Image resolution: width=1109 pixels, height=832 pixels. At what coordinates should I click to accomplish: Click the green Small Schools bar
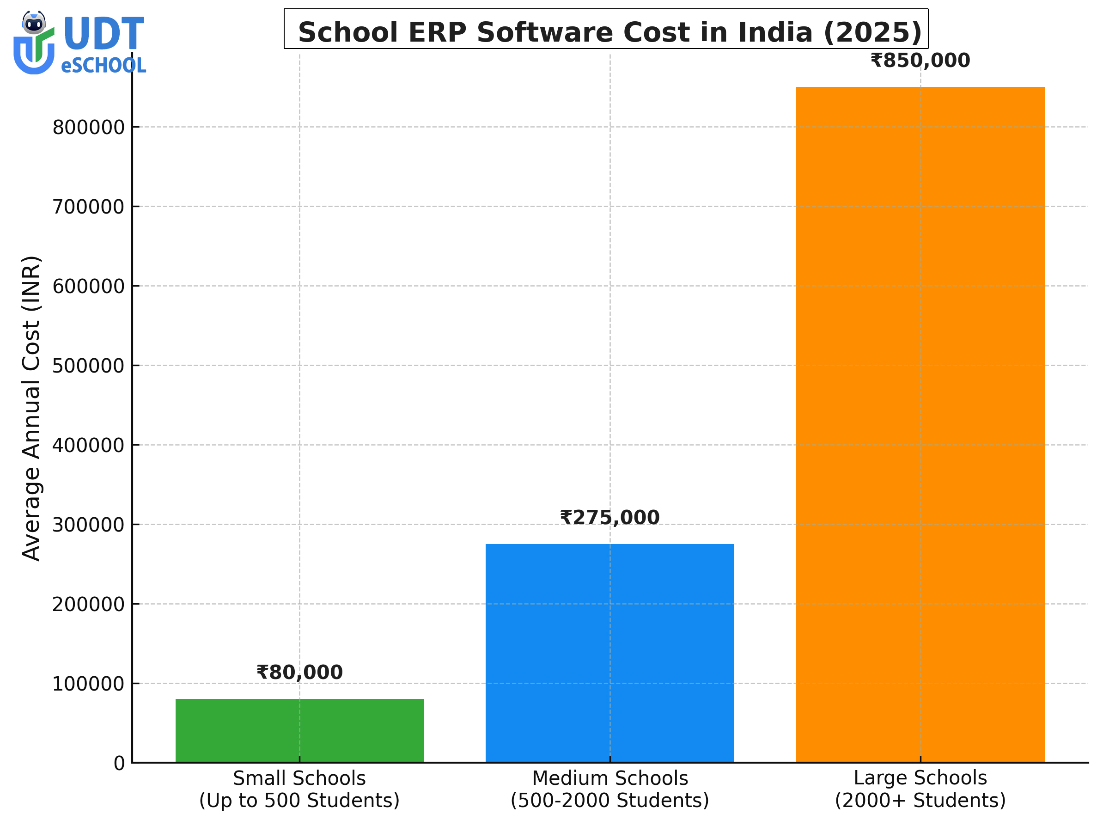[299, 730]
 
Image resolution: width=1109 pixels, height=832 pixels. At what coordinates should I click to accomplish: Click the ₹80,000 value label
[299, 673]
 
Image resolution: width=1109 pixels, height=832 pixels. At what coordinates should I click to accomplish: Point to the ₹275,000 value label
[609, 518]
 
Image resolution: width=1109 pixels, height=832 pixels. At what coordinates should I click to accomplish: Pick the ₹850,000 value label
[920, 61]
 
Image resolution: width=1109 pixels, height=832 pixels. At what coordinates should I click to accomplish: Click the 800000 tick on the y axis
[88, 128]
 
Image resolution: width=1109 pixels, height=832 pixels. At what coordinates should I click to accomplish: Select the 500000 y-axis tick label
[88, 366]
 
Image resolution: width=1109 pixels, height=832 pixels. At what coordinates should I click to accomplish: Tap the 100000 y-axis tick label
[88, 684]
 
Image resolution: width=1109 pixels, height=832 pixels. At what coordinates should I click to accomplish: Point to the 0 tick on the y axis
[119, 763]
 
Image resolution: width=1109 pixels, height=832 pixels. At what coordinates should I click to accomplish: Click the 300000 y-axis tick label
[88, 525]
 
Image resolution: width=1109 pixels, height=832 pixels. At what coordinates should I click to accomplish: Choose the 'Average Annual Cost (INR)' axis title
[31, 408]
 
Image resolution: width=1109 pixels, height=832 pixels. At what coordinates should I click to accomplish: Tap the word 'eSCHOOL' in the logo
[104, 66]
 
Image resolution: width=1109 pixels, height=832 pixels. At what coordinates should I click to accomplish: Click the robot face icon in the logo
[34, 23]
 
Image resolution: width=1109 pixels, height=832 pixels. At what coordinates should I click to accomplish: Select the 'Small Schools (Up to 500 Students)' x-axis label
[299, 789]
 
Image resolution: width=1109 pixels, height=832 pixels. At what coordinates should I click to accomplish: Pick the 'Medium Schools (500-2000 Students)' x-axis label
[609, 789]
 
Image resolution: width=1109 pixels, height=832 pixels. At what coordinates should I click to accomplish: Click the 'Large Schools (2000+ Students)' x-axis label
[920, 789]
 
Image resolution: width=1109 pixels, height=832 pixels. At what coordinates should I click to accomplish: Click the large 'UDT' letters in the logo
[104, 34]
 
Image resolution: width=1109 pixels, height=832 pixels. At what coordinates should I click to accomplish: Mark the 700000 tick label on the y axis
[88, 207]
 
